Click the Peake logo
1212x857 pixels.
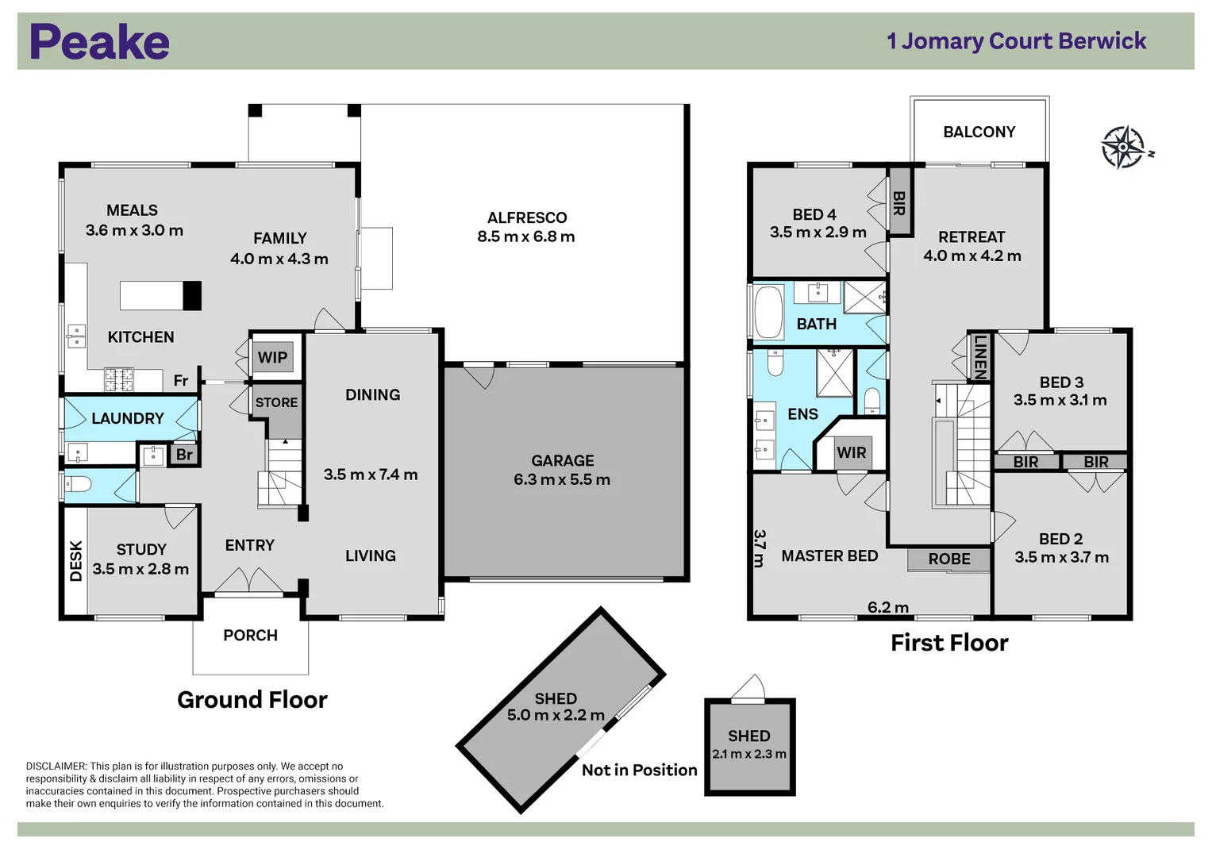click(99, 42)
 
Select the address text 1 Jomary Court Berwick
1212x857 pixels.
click(1016, 41)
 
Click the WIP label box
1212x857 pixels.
click(273, 357)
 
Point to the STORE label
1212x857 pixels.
click(276, 402)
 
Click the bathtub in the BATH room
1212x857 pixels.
click(768, 312)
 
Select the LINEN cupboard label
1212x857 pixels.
click(980, 357)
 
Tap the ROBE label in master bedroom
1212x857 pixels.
click(949, 559)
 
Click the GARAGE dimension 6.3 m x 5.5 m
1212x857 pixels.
click(562, 479)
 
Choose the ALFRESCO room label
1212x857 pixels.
click(527, 217)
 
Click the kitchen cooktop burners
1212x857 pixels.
click(119, 379)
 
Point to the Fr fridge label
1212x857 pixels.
click(181, 381)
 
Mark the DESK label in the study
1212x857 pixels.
click(76, 561)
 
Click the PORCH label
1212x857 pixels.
click(250, 635)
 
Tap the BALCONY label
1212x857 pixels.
click(979, 132)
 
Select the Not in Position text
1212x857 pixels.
click(639, 770)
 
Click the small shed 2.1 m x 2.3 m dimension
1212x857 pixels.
click(748, 754)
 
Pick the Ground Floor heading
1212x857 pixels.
click(252, 699)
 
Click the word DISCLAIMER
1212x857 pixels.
click(56, 766)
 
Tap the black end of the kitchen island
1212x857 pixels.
click(192, 295)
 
